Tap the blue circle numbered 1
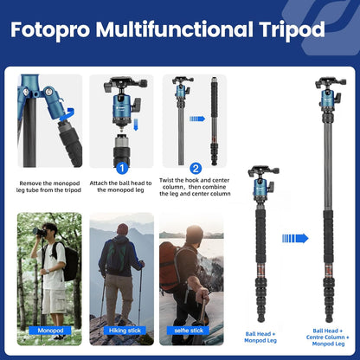point(122,168)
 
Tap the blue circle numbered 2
point(196,168)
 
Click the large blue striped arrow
point(295,238)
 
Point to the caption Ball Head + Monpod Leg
point(261,335)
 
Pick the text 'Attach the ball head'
point(122,187)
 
